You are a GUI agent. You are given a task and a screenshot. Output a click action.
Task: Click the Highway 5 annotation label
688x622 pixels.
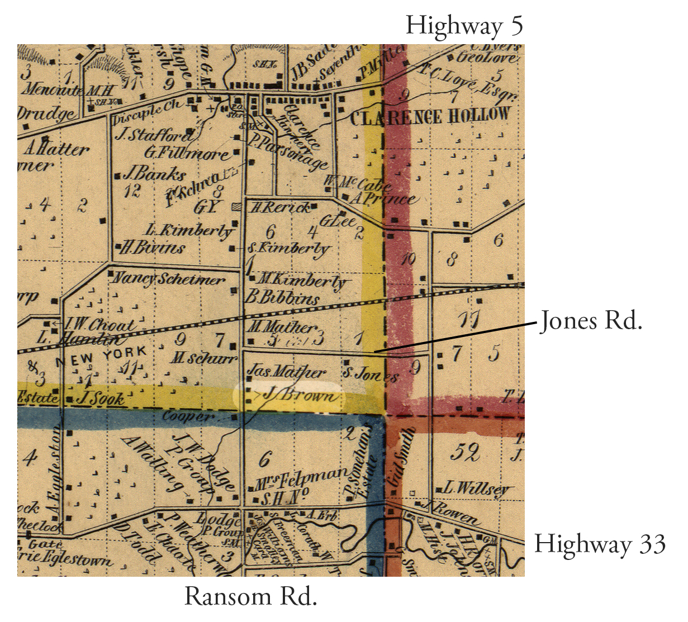pyautogui.click(x=464, y=26)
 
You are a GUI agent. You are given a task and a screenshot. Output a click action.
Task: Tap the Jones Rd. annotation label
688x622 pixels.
pyautogui.click(x=590, y=321)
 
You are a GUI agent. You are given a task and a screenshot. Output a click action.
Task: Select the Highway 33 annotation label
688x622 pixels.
pyautogui.click(x=600, y=544)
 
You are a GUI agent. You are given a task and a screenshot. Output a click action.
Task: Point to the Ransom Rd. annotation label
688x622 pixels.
pyautogui.click(x=250, y=596)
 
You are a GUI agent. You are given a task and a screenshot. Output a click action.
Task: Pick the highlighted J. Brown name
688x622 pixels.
pyautogui.click(x=300, y=395)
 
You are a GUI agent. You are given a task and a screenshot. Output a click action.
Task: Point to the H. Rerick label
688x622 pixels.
pyautogui.click(x=279, y=208)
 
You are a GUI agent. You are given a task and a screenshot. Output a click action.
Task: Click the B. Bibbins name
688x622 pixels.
pyautogui.click(x=283, y=297)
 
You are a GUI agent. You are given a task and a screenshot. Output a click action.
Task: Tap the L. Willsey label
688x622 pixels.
pyautogui.click(x=476, y=488)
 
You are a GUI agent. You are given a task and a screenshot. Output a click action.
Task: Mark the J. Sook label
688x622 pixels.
pyautogui.click(x=101, y=398)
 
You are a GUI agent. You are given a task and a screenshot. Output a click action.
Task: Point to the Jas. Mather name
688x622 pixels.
pyautogui.click(x=286, y=371)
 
